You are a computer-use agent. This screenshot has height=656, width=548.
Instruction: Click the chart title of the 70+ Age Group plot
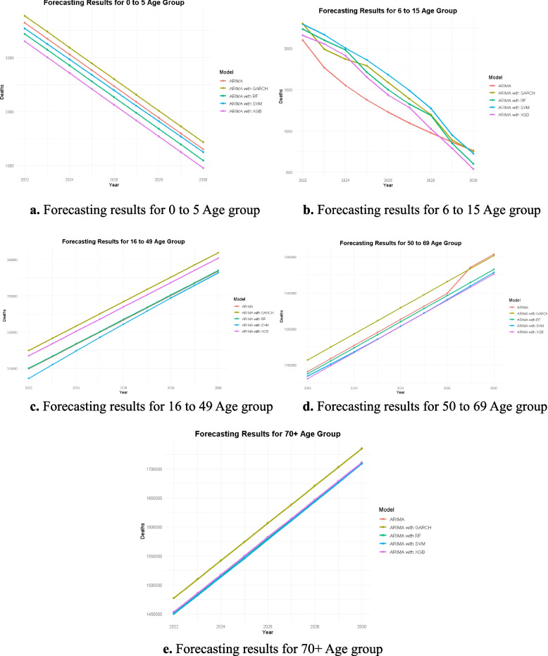click(268, 434)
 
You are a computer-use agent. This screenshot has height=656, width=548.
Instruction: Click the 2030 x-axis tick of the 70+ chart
click(361, 625)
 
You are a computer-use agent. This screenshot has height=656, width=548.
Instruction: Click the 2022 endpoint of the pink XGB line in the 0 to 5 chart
click(25, 41)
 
